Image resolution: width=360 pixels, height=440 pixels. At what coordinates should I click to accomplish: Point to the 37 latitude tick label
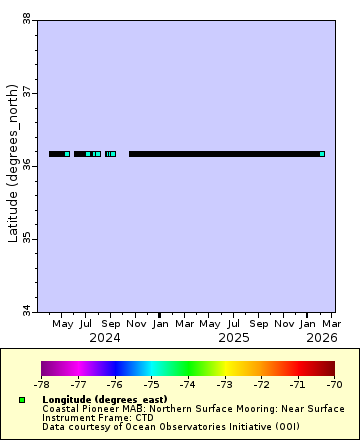(26, 92)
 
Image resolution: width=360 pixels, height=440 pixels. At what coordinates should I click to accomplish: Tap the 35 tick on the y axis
(26, 239)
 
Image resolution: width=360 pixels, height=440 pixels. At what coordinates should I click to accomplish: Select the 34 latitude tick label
(26, 312)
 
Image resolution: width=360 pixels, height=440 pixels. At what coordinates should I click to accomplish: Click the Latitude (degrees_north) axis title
(12, 165)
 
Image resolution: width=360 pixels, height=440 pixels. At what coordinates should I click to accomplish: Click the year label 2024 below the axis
(105, 338)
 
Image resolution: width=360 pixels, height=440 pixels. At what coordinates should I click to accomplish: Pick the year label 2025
(234, 338)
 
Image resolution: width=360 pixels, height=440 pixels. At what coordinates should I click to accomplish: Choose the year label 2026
(321, 338)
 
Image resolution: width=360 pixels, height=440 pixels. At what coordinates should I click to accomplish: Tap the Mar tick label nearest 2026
(331, 324)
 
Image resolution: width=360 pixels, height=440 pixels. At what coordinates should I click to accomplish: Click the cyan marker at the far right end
(322, 154)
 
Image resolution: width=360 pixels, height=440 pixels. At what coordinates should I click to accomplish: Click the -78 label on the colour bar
(41, 383)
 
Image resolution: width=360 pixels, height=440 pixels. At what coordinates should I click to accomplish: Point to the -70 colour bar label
(333, 383)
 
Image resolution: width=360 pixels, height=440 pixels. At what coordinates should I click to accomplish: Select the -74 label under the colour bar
(187, 383)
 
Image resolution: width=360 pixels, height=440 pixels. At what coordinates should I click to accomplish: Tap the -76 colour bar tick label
(114, 383)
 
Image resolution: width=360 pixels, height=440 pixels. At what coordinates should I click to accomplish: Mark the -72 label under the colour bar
(260, 383)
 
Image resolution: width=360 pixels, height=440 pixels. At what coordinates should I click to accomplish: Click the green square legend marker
(22, 400)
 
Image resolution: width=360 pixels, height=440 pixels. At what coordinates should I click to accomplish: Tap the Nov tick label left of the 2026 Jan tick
(284, 324)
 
